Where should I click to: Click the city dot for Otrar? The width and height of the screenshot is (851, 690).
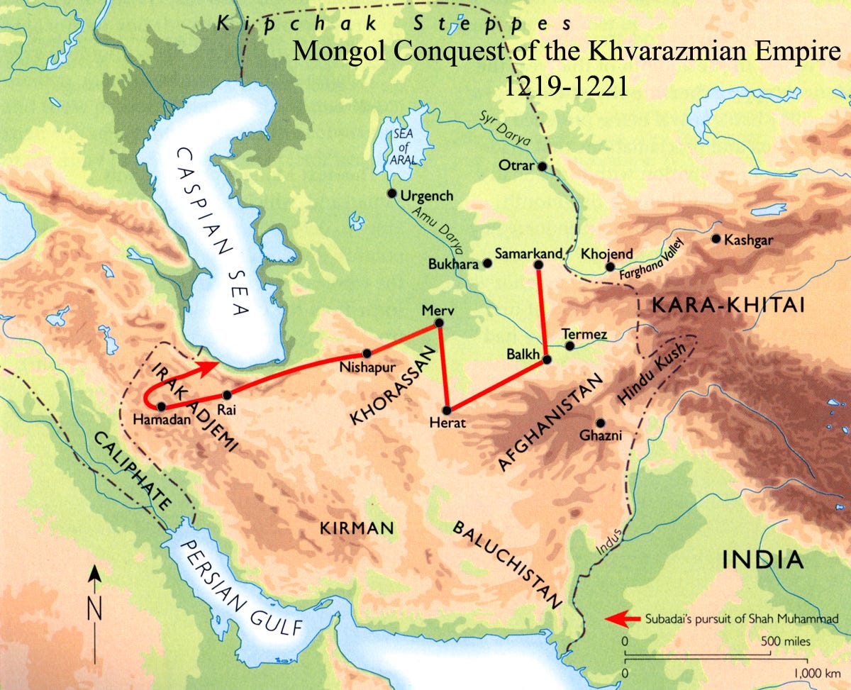(x=542, y=167)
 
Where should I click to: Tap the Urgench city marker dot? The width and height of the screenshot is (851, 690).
(x=391, y=194)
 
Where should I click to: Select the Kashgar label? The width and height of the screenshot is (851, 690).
(x=748, y=240)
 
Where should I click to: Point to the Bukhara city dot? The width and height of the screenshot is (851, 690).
(x=487, y=263)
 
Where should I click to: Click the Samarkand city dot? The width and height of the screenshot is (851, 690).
(x=538, y=265)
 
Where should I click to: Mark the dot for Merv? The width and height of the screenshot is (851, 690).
(x=438, y=323)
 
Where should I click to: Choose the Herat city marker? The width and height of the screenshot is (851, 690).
(x=447, y=411)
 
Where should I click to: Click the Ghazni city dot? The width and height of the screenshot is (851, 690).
(x=601, y=422)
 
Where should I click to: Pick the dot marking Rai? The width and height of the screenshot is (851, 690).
(x=227, y=395)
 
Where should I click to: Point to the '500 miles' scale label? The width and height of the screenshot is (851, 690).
(x=784, y=641)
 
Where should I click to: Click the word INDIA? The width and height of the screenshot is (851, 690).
(x=763, y=560)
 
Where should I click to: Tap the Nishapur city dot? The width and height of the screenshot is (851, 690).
(x=367, y=353)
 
